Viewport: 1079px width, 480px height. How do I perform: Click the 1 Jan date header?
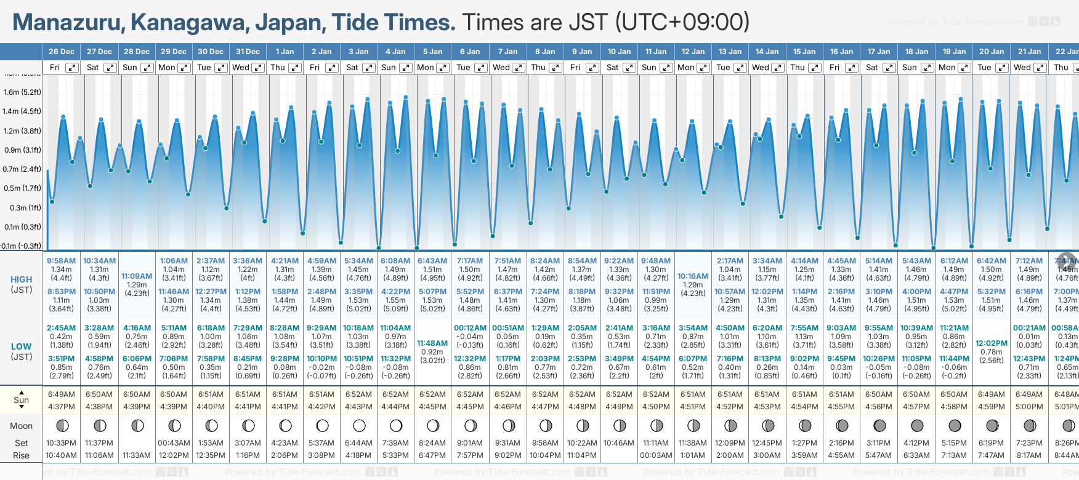coord(285,52)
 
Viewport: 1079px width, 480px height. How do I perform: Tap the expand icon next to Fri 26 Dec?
coord(72,68)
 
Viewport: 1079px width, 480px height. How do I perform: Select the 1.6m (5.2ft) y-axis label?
coord(22,92)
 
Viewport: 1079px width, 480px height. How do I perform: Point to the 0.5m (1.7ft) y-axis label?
coord(22,188)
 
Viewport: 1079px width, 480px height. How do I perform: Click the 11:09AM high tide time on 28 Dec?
coord(137,276)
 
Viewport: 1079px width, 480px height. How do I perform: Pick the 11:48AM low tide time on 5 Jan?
coord(432,343)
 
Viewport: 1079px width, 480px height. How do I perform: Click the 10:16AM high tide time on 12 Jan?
coord(693,276)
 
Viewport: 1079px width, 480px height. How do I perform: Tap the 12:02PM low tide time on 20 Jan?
coord(992,343)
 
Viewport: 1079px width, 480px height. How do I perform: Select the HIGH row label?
coord(21,279)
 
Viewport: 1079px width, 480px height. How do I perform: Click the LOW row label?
coord(21,346)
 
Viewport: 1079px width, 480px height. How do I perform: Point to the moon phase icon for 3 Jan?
coord(359,425)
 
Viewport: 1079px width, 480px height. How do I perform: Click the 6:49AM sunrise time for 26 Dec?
coord(62,394)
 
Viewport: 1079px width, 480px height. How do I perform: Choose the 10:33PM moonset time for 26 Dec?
coord(62,443)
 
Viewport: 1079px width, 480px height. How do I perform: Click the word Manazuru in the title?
coord(68,23)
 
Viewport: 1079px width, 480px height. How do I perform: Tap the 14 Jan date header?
coord(767,52)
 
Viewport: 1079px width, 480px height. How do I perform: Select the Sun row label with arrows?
coord(22,400)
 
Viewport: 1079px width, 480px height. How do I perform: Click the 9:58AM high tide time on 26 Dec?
coord(62,261)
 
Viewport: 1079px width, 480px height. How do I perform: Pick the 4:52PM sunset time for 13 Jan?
coord(730,407)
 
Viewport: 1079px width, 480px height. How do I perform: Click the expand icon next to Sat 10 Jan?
coord(629,68)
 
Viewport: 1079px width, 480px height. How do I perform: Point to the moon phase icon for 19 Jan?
coord(955,425)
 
